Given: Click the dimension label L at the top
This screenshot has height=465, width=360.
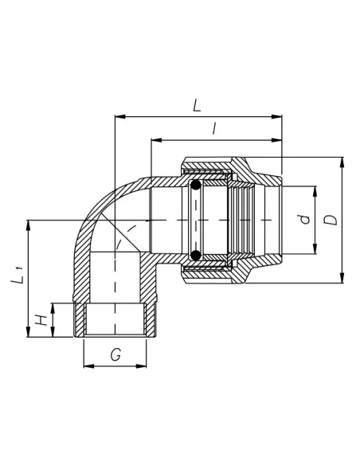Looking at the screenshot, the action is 198,105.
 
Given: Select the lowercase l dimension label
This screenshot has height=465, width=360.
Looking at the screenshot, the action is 214,128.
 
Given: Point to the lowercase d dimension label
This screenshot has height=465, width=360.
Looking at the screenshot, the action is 304,219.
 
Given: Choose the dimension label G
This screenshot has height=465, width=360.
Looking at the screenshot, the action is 115,354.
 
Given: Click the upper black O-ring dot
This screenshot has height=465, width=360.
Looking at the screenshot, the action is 195,186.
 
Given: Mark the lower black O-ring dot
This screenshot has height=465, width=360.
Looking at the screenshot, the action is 195,255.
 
